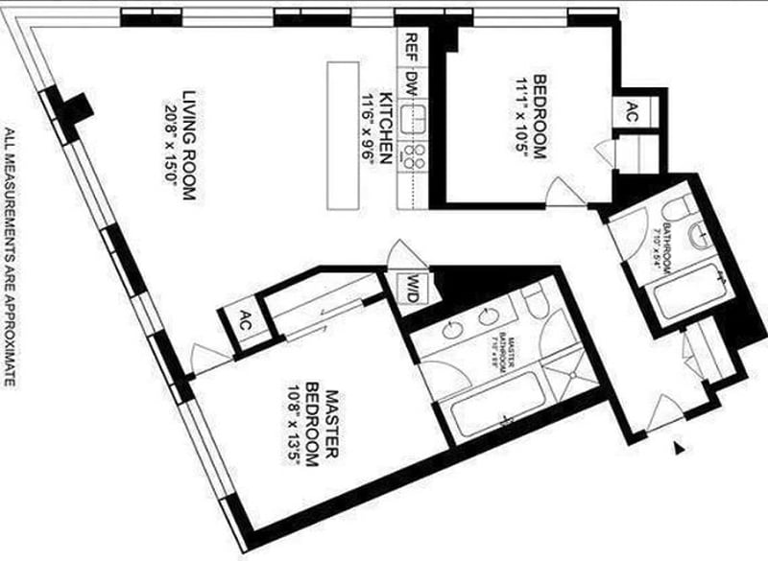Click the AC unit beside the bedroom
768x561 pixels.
pyautogui.click(x=633, y=110)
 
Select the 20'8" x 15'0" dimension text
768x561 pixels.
pyautogui.click(x=173, y=144)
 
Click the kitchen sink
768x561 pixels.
pyautogui.click(x=415, y=120)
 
